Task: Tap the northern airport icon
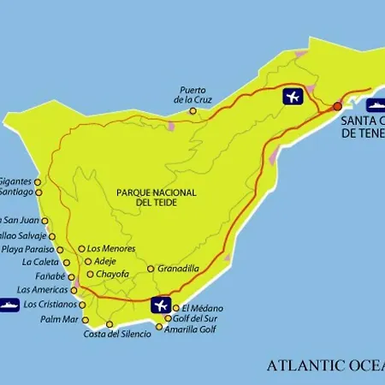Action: (x=293, y=96)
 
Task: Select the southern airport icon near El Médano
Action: (x=160, y=305)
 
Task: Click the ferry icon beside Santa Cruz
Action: (x=374, y=105)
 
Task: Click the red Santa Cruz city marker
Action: (x=337, y=106)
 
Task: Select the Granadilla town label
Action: (x=179, y=269)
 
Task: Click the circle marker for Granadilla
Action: (x=151, y=269)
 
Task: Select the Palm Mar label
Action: (x=59, y=320)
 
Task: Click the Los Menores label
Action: (x=110, y=249)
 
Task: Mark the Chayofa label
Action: (x=113, y=275)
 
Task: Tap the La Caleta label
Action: (x=40, y=263)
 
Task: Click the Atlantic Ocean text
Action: (x=325, y=365)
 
